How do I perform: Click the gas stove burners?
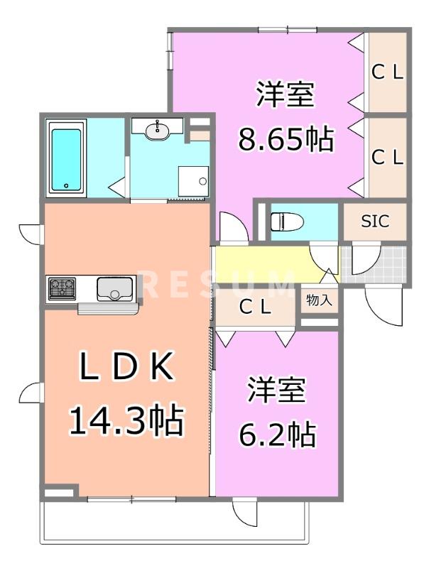pos(63,288)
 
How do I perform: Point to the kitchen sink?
pos(112,288)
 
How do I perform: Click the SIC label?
pos(375,222)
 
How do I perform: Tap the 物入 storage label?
pos(319,300)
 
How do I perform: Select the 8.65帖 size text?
pos(286,141)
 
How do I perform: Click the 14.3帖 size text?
pos(126,420)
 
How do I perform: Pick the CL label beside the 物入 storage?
pos(255,307)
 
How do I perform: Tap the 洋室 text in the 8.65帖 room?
pos(286,95)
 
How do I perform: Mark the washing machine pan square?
pos(194,181)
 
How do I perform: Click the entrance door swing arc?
pos(381,304)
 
